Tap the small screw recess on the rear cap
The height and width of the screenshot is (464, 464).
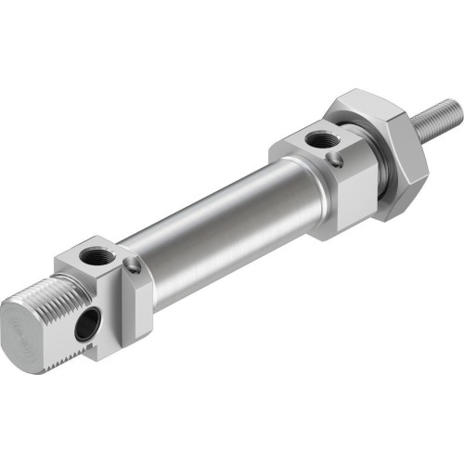(x=135, y=267)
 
